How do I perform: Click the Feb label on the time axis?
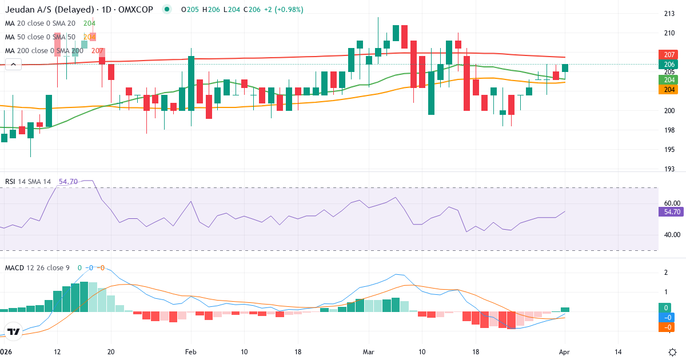pyautogui.click(x=191, y=352)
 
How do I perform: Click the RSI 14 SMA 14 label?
pyautogui.click(x=28, y=181)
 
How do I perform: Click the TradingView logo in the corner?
pyautogui.click(x=14, y=332)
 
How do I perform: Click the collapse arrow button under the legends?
pyautogui.click(x=13, y=65)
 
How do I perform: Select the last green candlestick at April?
pyautogui.click(x=565, y=68)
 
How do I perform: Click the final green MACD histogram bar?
pyautogui.click(x=565, y=309)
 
